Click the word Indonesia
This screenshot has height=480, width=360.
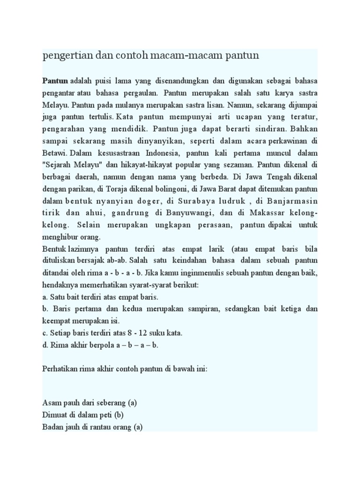[x=161, y=152]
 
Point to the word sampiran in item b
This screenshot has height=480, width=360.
[x=199, y=309]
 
